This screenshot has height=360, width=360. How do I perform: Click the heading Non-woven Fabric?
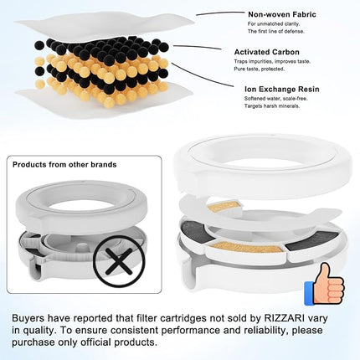point(281,14)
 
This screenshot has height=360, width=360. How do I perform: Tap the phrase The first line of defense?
point(274,30)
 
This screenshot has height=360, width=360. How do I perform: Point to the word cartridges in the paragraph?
point(173,318)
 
